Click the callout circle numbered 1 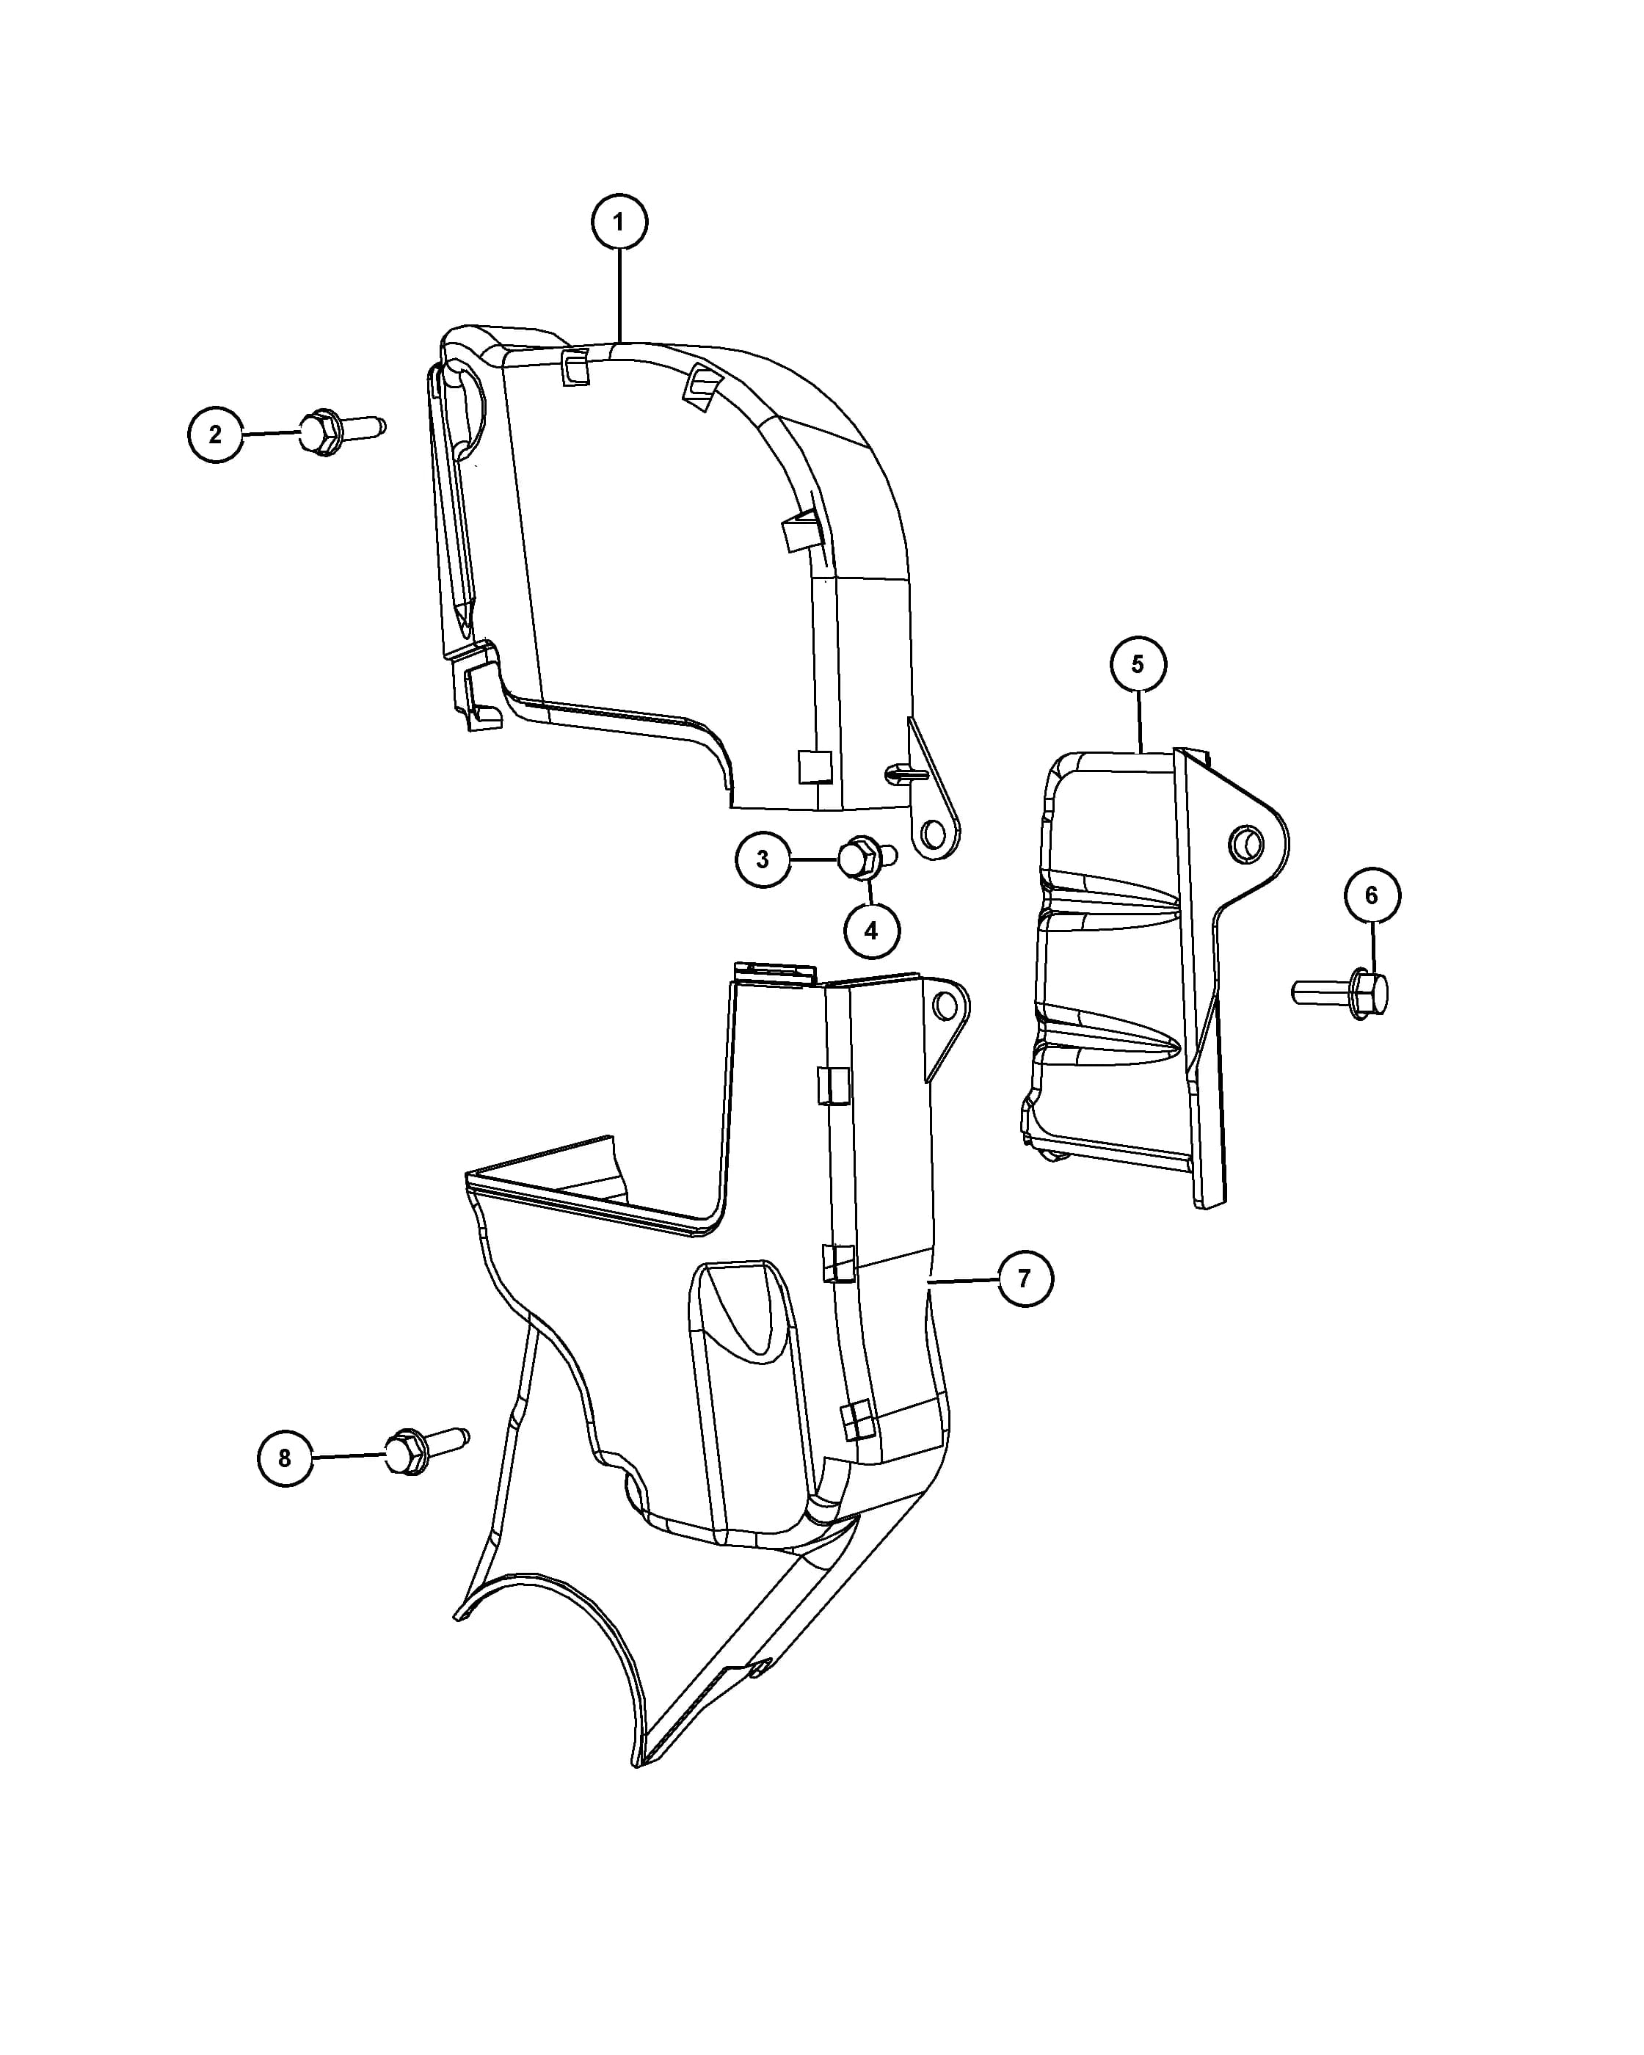pos(619,222)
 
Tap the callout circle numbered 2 pos(215,434)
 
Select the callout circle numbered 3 pos(763,859)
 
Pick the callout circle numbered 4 pos(871,931)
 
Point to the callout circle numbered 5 pos(1138,664)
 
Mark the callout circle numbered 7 pos(1025,1279)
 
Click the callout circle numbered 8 pos(285,1485)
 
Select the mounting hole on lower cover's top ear pos(945,1004)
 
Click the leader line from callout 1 pos(619,297)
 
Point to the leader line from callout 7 pos(964,1281)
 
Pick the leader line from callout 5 pos(1140,721)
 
